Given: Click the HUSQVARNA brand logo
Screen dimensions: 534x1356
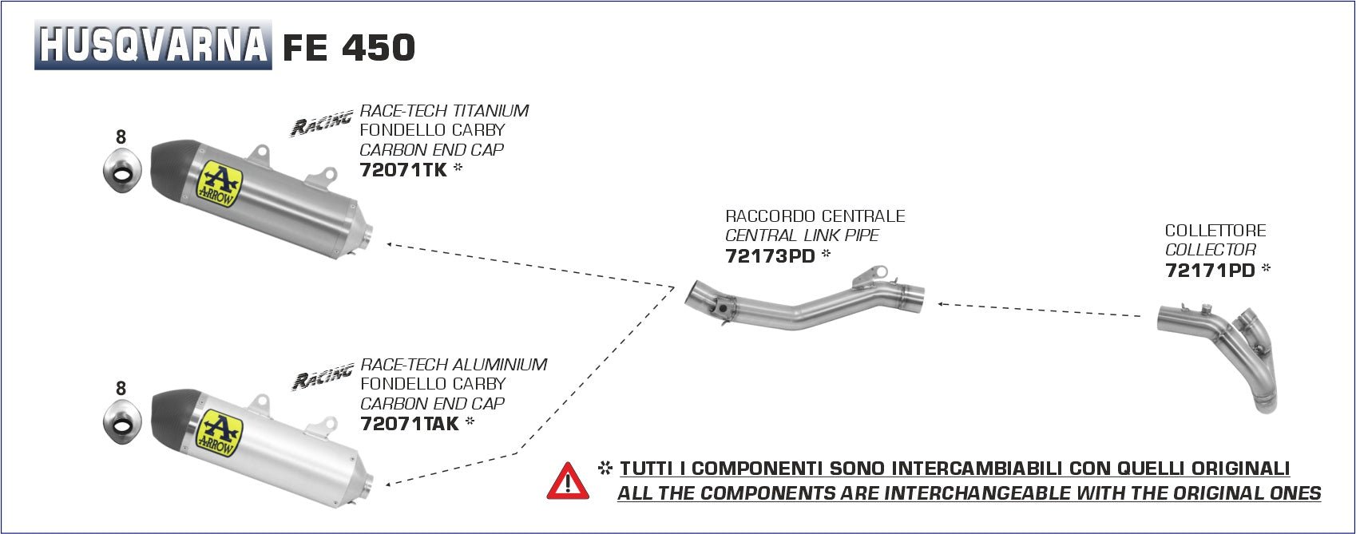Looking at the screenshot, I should point(153,45).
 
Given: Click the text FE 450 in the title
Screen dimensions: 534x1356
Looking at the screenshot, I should point(349,48).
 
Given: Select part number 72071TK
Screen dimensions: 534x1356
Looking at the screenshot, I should point(403,170).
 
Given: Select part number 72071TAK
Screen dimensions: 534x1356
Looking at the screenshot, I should point(410,424).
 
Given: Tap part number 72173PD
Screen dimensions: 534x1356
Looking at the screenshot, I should point(770,256).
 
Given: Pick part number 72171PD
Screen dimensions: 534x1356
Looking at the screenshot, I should point(1210,271).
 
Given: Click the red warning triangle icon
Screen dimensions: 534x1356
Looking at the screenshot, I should point(568,481).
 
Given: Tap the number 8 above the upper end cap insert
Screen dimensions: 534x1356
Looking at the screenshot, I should point(121,137).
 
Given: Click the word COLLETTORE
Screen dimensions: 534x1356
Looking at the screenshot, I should point(1215,231).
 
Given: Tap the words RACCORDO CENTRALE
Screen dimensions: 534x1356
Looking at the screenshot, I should point(815,216).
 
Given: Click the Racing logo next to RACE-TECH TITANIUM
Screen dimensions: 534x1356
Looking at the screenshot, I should point(321,124).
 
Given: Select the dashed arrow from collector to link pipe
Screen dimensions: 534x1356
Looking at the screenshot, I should point(1038,310).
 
